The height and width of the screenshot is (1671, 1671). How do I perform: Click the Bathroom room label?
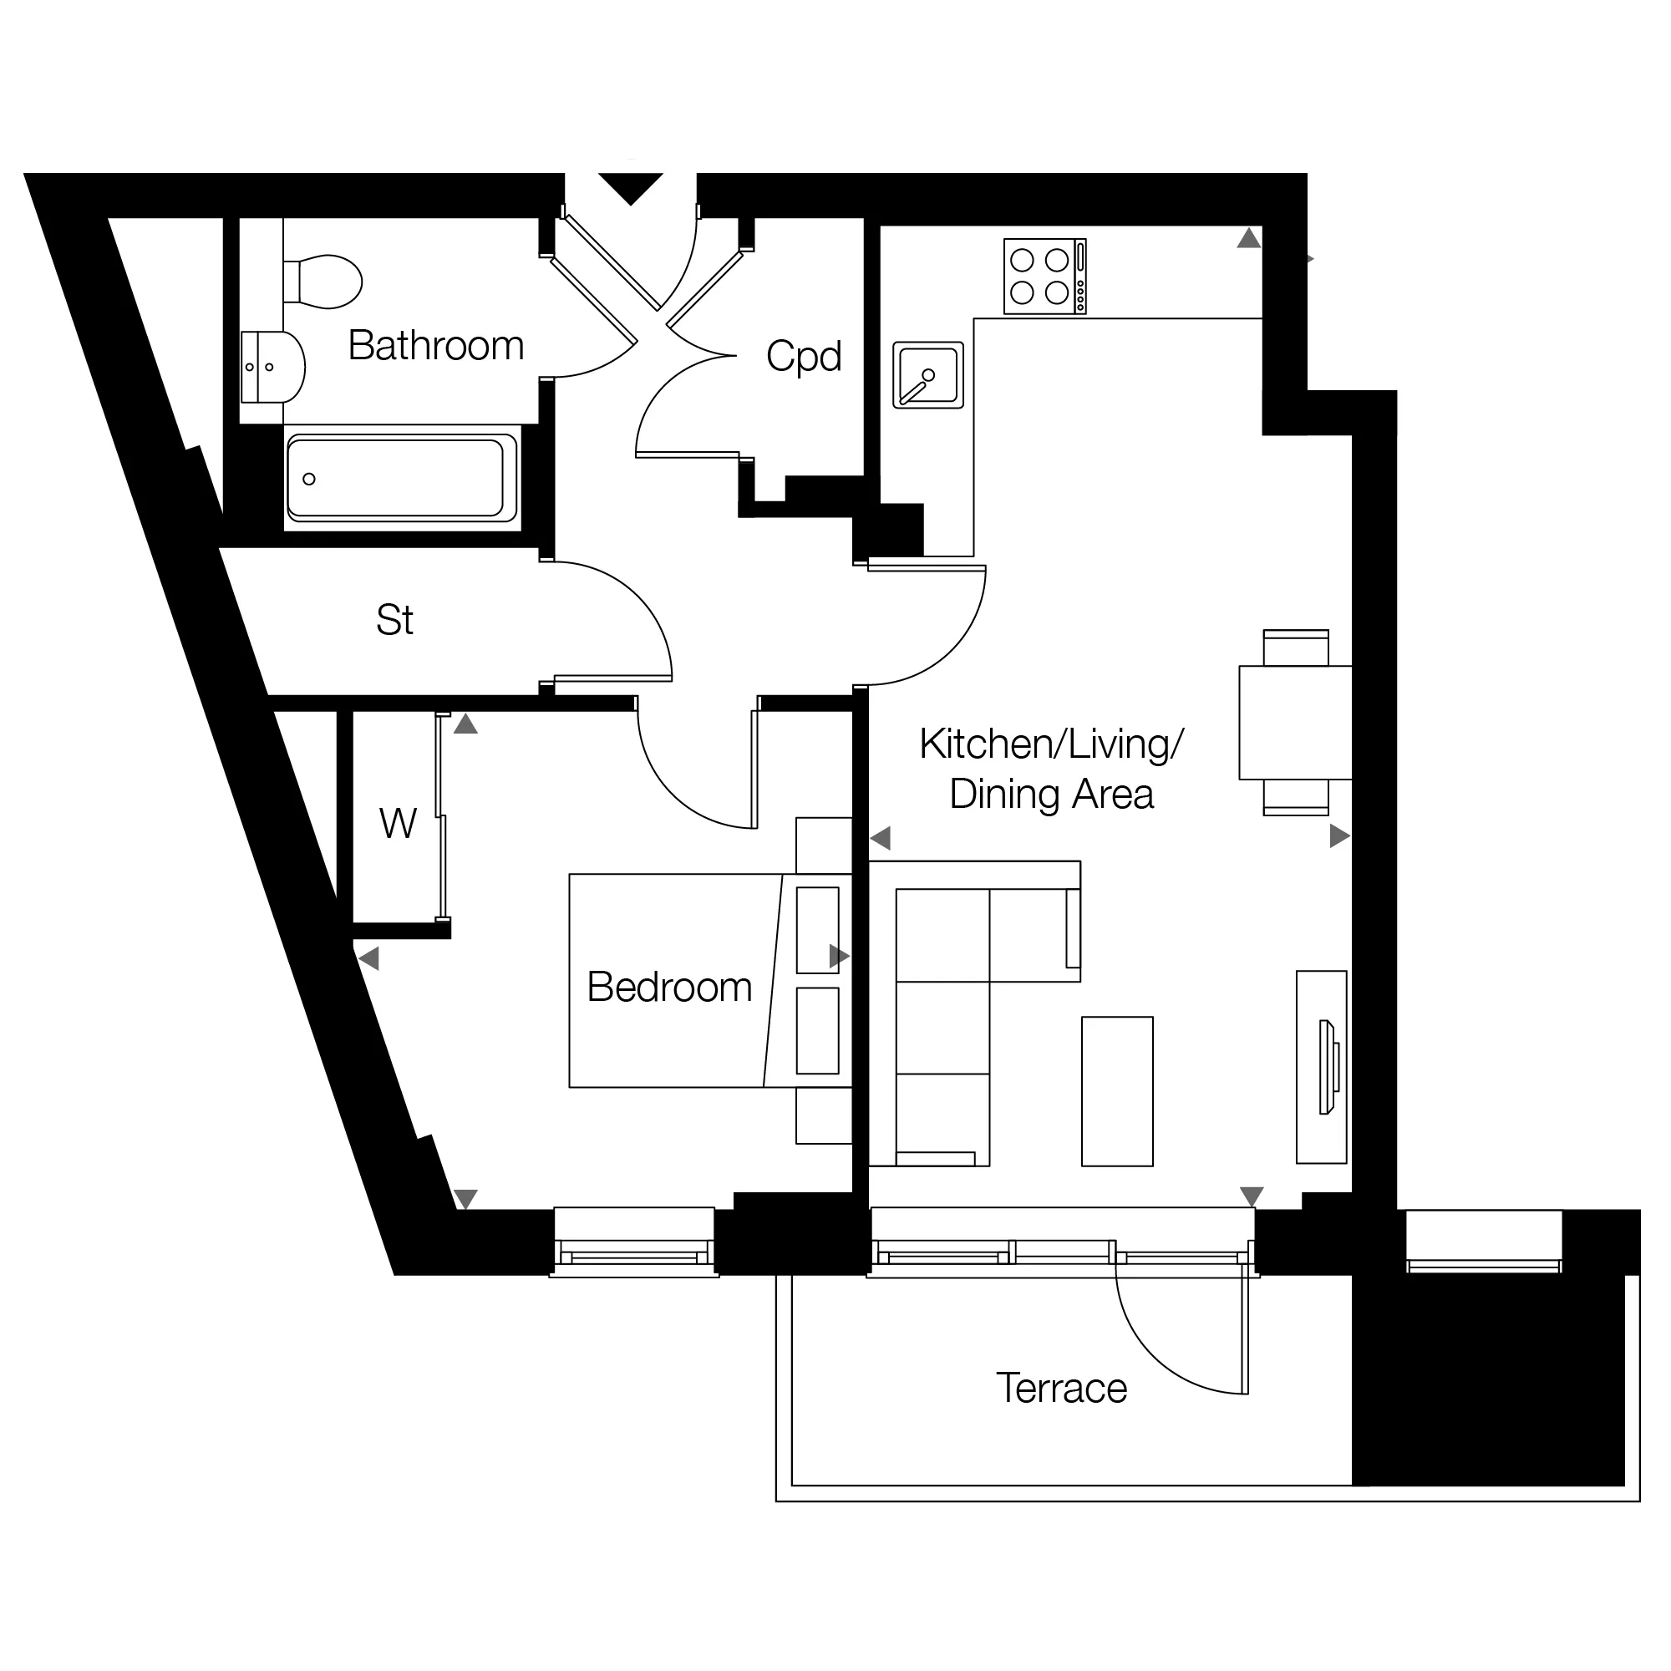[436, 346]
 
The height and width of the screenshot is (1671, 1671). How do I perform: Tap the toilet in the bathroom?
[323, 281]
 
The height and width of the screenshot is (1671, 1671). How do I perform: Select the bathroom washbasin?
[272, 367]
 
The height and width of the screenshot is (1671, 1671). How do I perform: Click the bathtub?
[402, 478]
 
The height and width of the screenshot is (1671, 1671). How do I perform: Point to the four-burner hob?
[1045, 277]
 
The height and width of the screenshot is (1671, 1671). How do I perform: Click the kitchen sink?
[928, 375]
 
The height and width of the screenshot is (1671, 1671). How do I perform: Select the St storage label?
[394, 619]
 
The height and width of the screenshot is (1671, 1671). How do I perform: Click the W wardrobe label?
[398, 824]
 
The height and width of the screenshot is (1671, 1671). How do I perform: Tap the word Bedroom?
[669, 987]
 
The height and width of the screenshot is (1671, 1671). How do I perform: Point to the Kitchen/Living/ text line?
[1052, 744]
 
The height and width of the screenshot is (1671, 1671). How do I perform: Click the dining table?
[1295, 722]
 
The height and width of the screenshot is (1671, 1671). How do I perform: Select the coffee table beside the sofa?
[1117, 1091]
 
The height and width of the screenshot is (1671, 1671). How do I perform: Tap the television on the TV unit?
[1328, 1067]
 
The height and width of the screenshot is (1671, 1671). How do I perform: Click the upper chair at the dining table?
[1296, 647]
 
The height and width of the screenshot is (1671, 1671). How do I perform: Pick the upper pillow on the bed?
[817, 930]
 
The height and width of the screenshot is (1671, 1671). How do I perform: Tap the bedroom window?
[634, 1243]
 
